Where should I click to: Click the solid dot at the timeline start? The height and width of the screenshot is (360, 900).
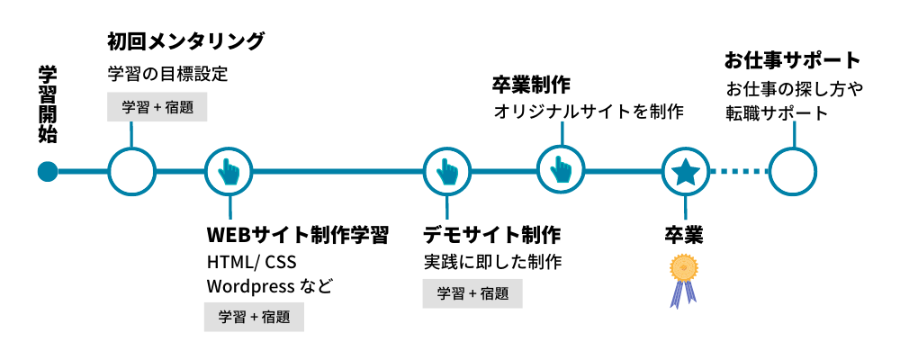tap(48, 171)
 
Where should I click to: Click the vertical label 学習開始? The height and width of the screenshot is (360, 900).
tap(48, 105)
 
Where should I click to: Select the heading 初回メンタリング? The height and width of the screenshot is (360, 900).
tap(185, 41)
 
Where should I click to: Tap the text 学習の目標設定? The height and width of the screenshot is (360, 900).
tap(167, 74)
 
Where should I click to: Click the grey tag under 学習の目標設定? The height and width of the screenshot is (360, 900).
tap(157, 107)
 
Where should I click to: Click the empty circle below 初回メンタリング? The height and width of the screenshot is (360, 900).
tap(131, 171)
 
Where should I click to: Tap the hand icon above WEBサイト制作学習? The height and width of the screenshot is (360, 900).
tap(229, 171)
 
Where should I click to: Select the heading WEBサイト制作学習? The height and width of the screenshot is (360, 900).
tap(298, 236)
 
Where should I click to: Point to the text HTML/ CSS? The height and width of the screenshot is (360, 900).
tap(251, 263)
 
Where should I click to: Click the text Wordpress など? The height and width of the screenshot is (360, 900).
tap(269, 287)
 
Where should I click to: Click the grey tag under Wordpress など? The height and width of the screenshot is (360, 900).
tap(254, 317)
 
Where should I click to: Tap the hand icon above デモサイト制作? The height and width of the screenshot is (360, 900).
tap(447, 171)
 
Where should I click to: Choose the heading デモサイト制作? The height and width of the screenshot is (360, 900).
tap(492, 236)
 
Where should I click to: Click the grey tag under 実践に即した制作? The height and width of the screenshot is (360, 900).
tap(472, 293)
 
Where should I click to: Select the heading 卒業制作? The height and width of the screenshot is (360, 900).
tap(531, 85)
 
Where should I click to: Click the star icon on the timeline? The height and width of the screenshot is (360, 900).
tap(685, 171)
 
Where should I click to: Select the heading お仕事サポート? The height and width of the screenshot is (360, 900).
tap(793, 61)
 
